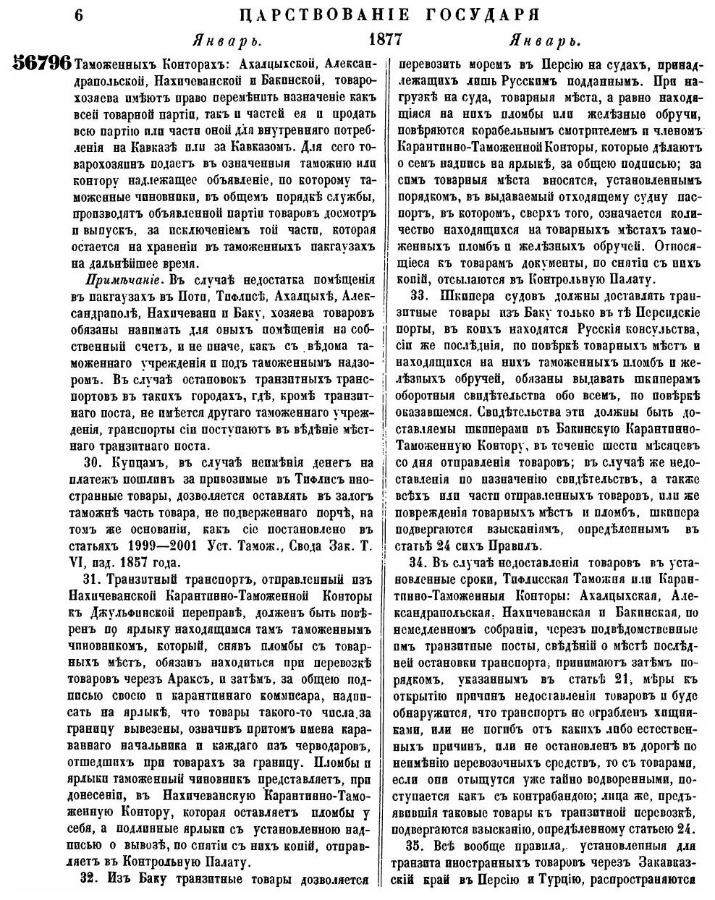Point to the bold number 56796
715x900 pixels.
[42, 64]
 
